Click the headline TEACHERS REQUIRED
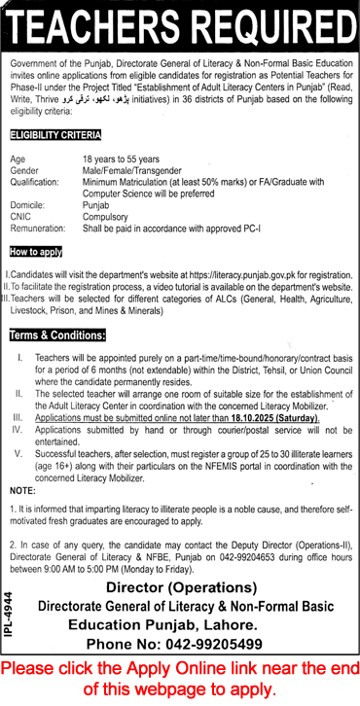[180, 25]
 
